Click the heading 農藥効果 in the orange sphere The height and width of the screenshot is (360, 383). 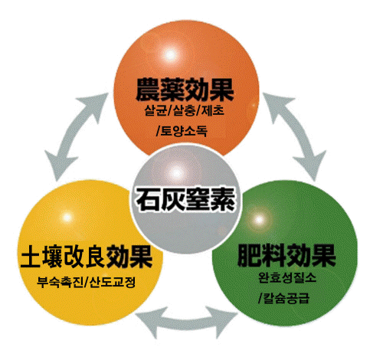(x=185, y=90)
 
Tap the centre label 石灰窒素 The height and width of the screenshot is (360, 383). (x=185, y=199)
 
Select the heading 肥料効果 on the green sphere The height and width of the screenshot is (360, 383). (x=286, y=256)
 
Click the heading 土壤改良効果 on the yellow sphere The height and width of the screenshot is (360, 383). (x=87, y=257)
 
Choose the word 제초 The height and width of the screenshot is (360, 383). (x=213, y=110)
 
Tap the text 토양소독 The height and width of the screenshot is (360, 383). (x=185, y=131)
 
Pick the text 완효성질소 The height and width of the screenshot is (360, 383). (x=287, y=277)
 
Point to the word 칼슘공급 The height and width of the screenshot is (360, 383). (x=286, y=298)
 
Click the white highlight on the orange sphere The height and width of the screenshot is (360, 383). (x=171, y=54)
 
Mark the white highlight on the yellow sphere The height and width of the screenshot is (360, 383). (x=67, y=218)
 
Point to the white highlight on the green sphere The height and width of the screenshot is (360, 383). (x=259, y=219)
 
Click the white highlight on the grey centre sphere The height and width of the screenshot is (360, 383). (x=176, y=173)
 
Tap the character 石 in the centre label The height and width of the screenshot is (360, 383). (x=148, y=199)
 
